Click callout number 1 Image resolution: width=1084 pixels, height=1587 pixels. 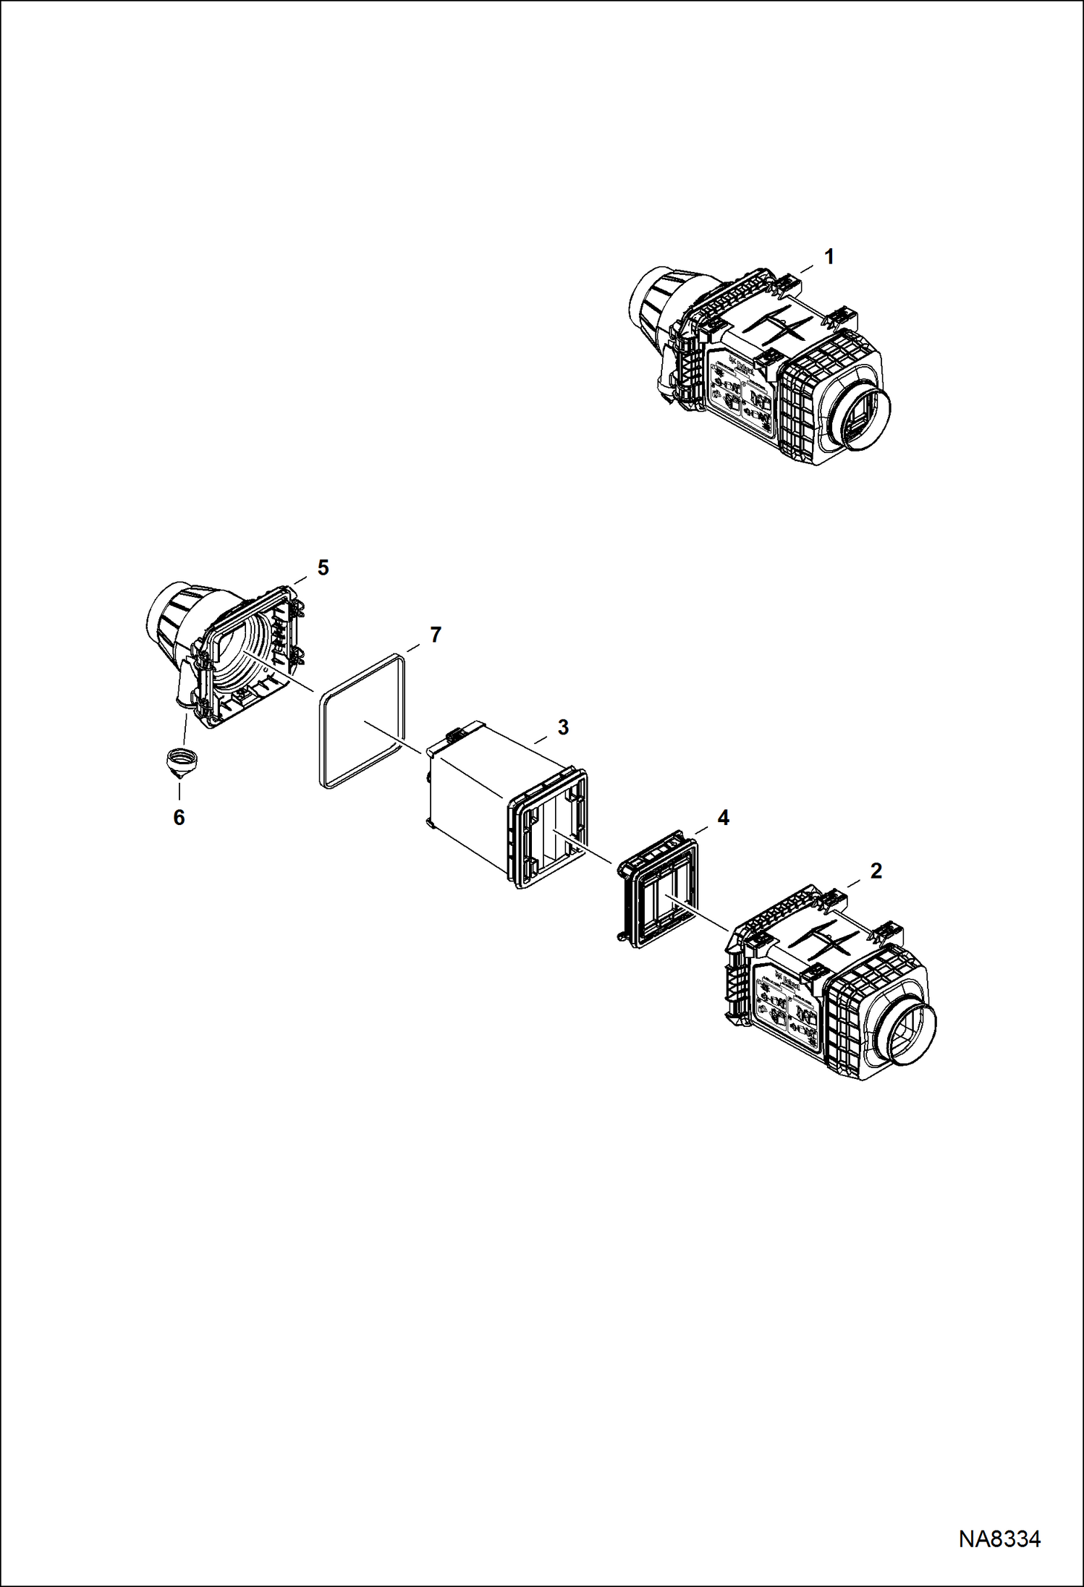[829, 257]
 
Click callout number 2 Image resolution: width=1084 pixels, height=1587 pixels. [876, 871]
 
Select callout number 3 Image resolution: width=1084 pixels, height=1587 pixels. [563, 727]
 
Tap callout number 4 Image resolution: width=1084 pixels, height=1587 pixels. [723, 818]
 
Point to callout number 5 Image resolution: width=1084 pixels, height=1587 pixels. [323, 568]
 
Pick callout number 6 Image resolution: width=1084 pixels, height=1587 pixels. [179, 818]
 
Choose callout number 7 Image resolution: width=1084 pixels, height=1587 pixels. [435, 635]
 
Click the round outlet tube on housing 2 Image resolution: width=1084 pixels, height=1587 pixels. [908, 1035]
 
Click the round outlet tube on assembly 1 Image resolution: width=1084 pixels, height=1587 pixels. [863, 420]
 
